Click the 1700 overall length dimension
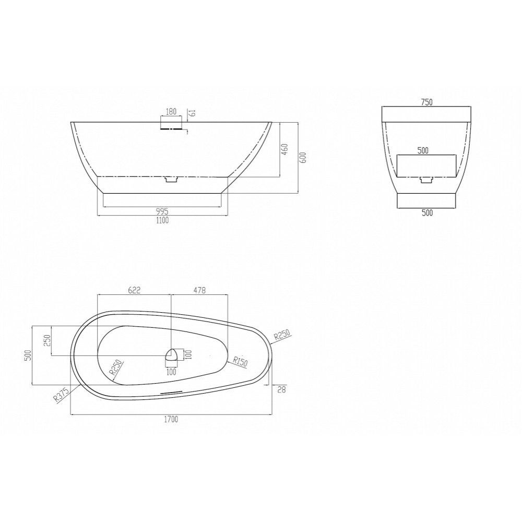click(x=171, y=419)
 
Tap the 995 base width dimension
click(x=162, y=211)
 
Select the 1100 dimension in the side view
click(x=162, y=220)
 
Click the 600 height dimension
click(x=303, y=158)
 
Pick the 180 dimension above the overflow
click(x=171, y=112)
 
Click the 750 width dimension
click(x=426, y=102)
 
